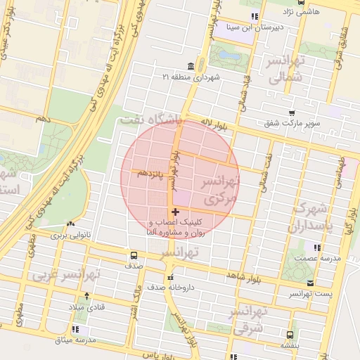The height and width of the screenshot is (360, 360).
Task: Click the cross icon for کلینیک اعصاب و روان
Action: pos(175,212)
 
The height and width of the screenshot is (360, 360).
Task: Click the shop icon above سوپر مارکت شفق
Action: pos(292,112)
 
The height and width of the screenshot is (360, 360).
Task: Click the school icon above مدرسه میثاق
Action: pos(76,329)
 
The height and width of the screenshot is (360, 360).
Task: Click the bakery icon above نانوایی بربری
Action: pos(70,224)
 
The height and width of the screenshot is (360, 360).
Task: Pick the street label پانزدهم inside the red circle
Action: pos(151,172)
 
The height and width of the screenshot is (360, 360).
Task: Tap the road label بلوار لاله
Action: pos(208,124)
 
